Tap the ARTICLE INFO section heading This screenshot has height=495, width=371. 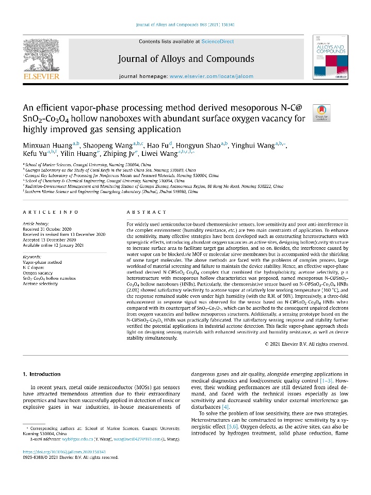(x=51, y=212)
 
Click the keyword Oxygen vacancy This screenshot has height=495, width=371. (x=38, y=273)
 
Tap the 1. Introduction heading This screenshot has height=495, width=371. (x=42, y=374)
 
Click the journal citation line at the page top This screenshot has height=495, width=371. (x=185, y=24)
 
